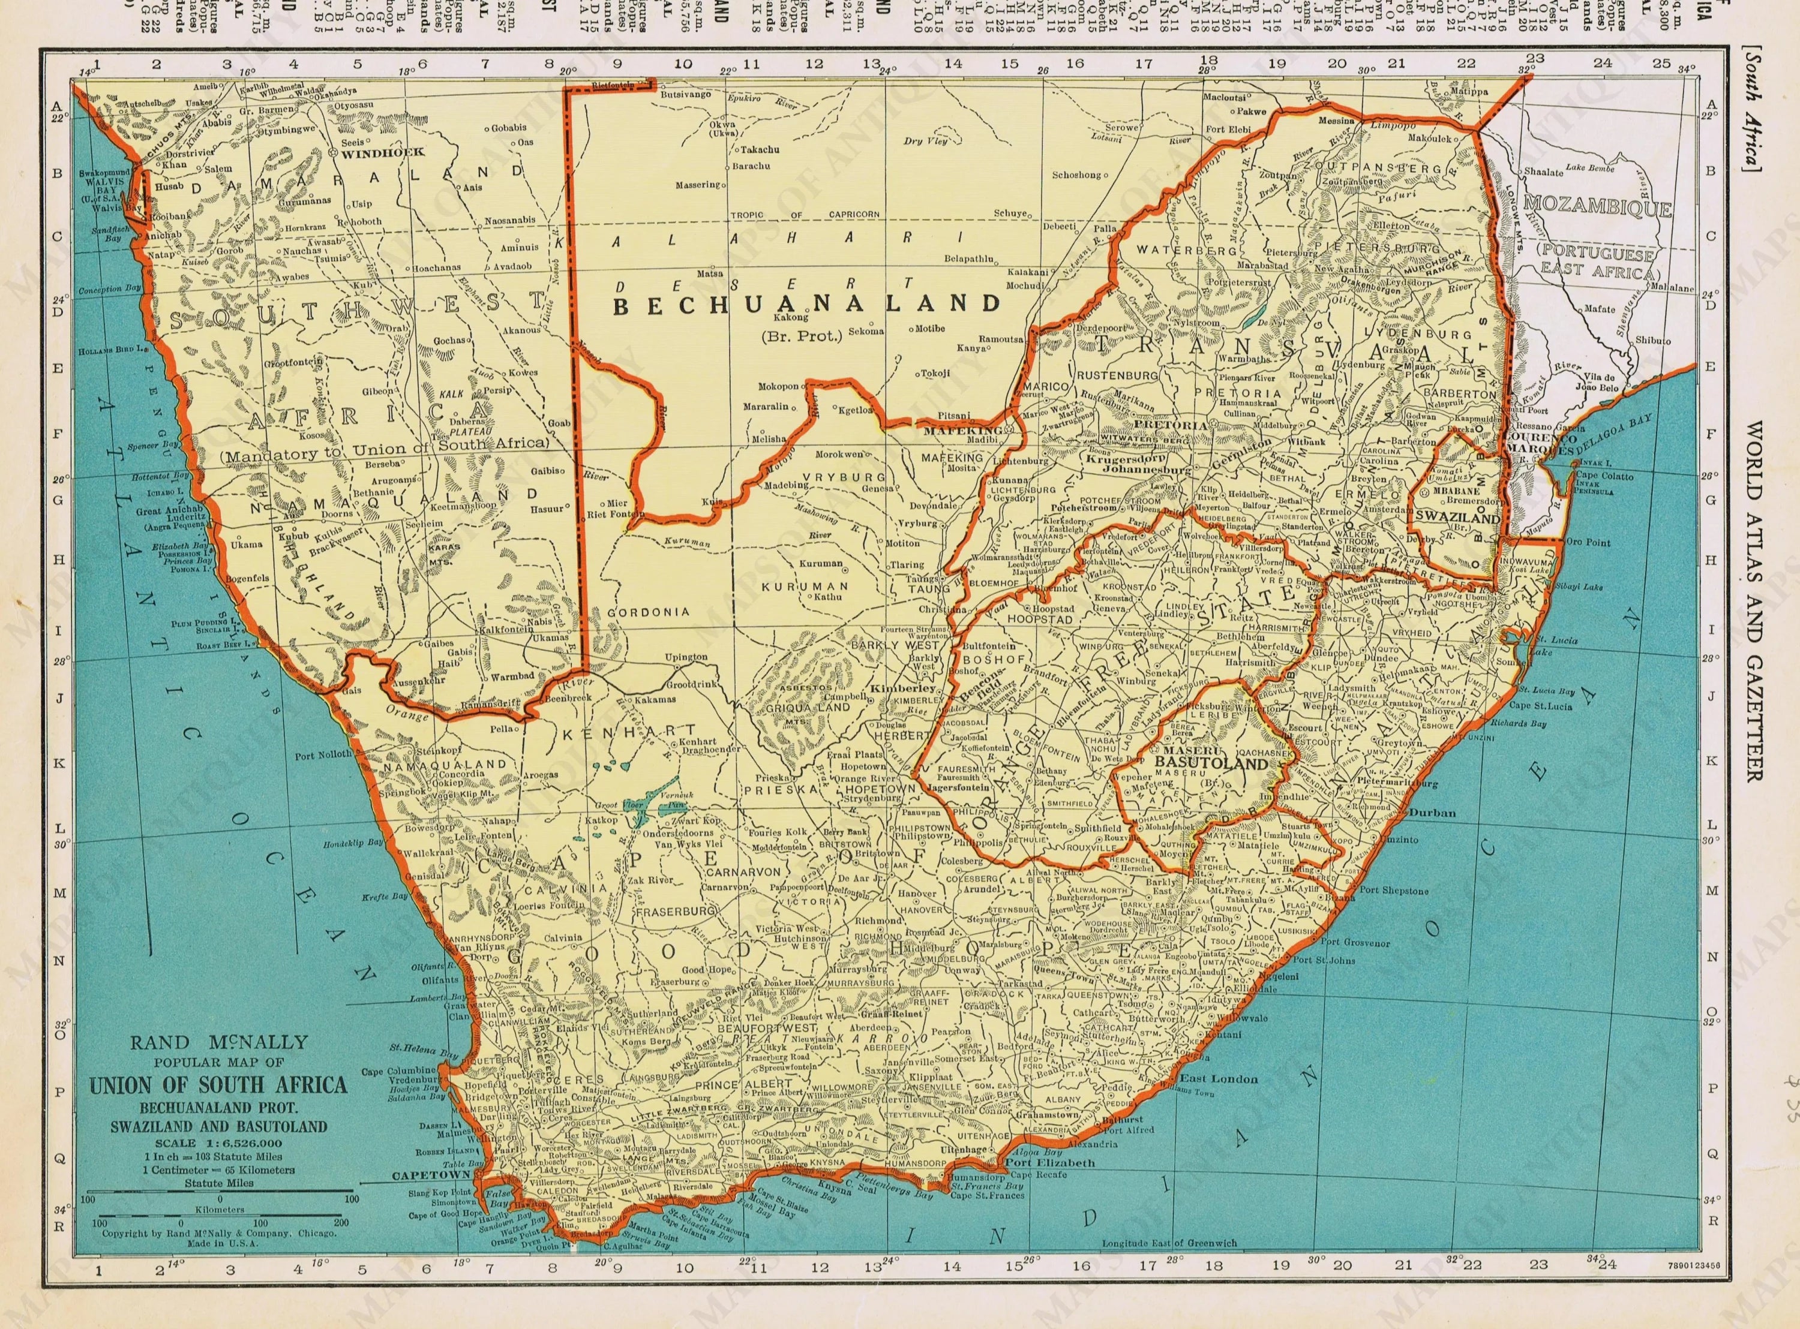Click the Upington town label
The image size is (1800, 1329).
click(x=686, y=657)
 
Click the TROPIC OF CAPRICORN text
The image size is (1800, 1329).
click(x=805, y=215)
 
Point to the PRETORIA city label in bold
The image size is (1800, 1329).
click(x=1170, y=424)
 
